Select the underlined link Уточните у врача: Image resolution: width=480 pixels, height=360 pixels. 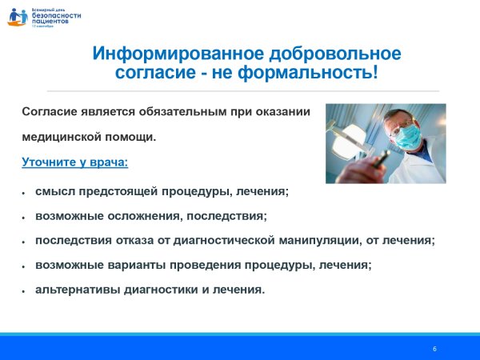[x=74, y=162]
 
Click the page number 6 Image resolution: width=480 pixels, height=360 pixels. [x=434, y=349]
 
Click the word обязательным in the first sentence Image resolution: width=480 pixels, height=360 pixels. [x=179, y=112]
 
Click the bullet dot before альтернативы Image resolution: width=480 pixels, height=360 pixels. [x=25, y=290]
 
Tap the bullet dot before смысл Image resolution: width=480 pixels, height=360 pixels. [x=25, y=194]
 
